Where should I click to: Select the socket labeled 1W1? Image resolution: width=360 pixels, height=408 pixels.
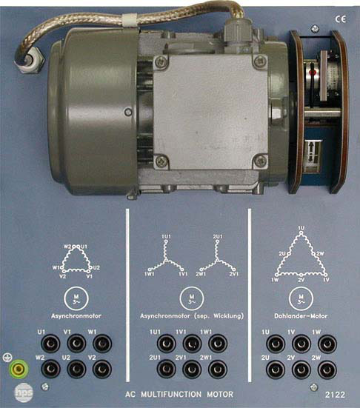216,344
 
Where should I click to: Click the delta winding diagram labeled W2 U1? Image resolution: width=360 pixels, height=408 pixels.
76,261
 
